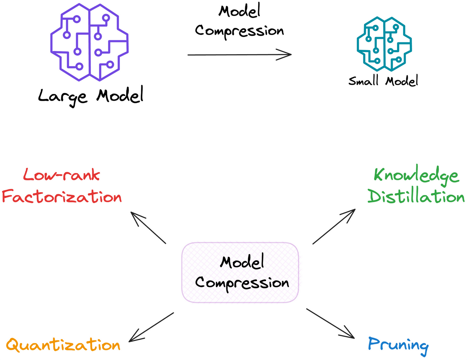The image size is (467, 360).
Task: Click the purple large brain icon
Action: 90,42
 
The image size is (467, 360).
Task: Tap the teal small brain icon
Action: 384,44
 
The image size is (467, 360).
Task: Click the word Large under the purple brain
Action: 62,96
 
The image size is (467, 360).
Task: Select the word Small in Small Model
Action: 364,81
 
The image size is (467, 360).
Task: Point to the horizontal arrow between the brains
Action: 239,55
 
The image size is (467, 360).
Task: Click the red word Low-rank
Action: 62,175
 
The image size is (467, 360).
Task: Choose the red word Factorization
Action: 62,197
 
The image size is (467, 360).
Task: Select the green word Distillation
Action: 416,197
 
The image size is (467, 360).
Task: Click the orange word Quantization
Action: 63,345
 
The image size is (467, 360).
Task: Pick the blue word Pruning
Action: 398,345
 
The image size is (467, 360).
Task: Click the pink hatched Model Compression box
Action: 240,272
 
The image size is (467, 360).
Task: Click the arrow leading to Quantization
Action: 151,327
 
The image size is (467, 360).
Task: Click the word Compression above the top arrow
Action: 239,31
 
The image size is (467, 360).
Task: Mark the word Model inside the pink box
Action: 242,262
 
